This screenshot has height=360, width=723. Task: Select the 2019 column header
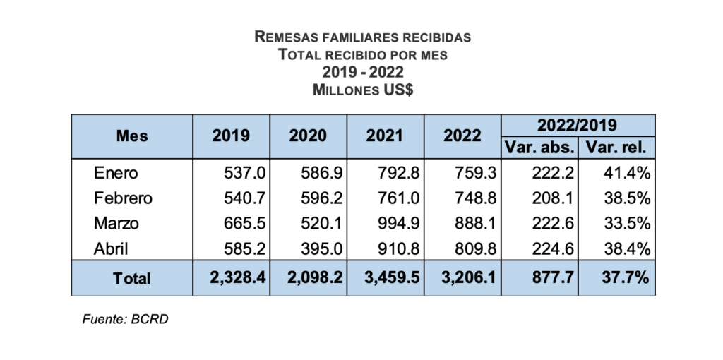231,136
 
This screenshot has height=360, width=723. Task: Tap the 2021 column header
386,136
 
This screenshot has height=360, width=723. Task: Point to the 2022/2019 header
578,125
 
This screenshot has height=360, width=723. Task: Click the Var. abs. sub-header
539,148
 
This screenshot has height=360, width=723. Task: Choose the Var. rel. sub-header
616,148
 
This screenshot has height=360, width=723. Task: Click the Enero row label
116,173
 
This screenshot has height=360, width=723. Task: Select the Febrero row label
123,198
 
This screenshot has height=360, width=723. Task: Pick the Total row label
131,278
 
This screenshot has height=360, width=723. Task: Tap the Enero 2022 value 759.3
477,173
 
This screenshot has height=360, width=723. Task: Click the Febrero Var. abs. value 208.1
554,198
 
